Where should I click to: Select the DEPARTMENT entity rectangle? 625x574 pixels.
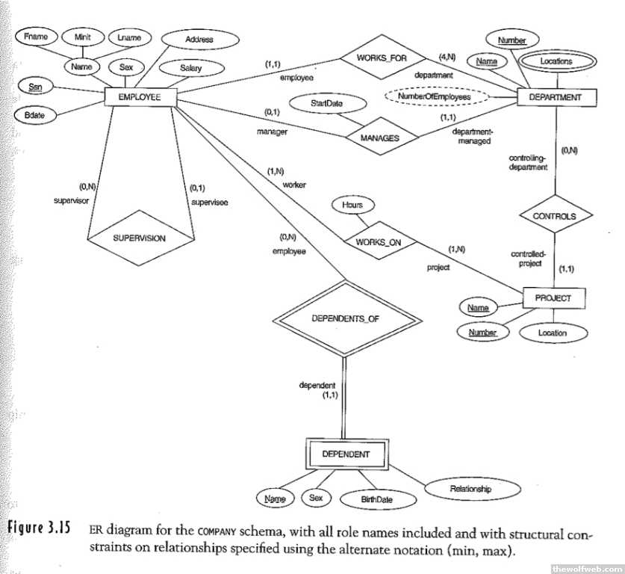(550, 97)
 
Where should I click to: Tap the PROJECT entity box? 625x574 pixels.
(553, 298)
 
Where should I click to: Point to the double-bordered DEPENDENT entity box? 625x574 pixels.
(345, 454)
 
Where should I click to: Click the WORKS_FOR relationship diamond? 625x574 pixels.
(382, 58)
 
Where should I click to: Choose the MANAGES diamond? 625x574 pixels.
(379, 138)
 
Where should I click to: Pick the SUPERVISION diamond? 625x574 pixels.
(139, 238)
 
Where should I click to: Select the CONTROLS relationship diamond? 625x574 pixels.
(554, 216)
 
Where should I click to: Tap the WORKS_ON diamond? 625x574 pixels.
(379, 242)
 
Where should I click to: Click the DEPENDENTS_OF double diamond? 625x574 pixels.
(345, 319)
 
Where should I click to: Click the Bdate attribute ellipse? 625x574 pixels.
(34, 116)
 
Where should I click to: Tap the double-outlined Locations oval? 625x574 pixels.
(556, 61)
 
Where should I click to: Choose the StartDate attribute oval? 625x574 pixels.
(327, 104)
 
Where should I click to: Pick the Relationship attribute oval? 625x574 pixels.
(470, 490)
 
